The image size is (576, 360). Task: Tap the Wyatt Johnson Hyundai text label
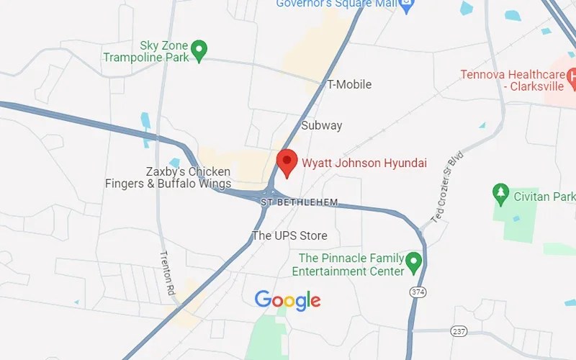pyautogui.click(x=364, y=163)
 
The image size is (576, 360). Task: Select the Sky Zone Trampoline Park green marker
pyautogui.click(x=200, y=50)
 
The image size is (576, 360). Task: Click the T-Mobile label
pyautogui.click(x=349, y=84)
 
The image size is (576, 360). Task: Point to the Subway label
pyautogui.click(x=321, y=125)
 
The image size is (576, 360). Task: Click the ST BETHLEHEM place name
pyautogui.click(x=299, y=202)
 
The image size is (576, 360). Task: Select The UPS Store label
pyautogui.click(x=289, y=235)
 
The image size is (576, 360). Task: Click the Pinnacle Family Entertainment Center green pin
pyautogui.click(x=413, y=262)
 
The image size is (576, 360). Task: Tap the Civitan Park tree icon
pyautogui.click(x=500, y=193)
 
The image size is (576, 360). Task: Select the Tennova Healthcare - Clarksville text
pyautogui.click(x=513, y=81)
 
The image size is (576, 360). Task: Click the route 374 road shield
pyautogui.click(x=417, y=292)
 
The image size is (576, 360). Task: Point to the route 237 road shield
pyautogui.click(x=459, y=330)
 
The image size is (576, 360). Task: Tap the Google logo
pyautogui.click(x=287, y=300)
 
